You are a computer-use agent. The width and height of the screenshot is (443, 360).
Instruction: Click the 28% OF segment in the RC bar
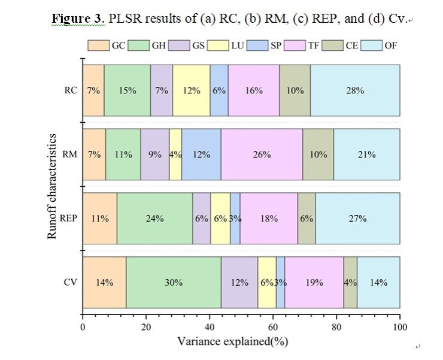tap(355, 90)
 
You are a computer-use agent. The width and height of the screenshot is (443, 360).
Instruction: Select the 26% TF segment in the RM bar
tap(262, 155)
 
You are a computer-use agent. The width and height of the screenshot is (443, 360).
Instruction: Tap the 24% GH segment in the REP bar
tap(154, 219)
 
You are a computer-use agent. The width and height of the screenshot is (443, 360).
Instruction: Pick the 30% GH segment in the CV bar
tap(174, 283)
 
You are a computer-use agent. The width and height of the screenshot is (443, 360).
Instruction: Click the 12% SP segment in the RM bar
tap(201, 155)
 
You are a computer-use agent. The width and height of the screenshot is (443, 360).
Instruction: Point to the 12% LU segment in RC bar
tap(191, 90)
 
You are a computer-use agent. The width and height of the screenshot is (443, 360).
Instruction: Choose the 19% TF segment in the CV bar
tap(314, 283)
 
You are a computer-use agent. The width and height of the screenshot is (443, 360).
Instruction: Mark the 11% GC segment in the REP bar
tap(99, 219)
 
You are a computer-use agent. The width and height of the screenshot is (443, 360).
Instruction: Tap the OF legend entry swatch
tap(372, 45)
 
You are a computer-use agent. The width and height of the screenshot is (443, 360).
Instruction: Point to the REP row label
tap(69, 219)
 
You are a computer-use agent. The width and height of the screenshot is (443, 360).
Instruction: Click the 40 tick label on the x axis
tap(210, 327)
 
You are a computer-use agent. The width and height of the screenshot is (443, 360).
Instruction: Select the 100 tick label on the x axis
tap(399, 327)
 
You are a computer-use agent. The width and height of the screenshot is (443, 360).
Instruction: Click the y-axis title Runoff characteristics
tap(52, 186)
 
